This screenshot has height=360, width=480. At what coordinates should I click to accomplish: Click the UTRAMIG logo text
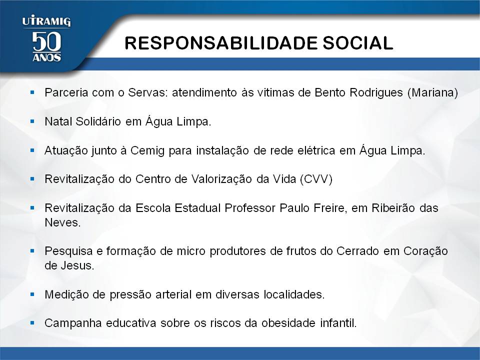[x=46, y=21]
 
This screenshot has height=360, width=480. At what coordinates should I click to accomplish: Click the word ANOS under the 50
[x=46, y=57]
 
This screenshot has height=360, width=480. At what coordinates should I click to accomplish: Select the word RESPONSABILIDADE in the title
[x=220, y=43]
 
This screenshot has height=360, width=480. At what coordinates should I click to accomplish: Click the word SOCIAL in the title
[x=358, y=43]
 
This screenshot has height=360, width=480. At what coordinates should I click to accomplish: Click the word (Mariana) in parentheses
[x=432, y=92]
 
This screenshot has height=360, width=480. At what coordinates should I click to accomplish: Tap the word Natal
[x=58, y=121]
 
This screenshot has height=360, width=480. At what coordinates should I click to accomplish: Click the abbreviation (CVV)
[x=316, y=179]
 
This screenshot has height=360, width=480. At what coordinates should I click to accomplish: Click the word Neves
[x=62, y=222]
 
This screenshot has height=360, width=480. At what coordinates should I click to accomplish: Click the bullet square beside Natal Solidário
[x=32, y=121]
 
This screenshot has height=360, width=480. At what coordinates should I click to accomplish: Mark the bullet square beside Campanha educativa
[x=32, y=322]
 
